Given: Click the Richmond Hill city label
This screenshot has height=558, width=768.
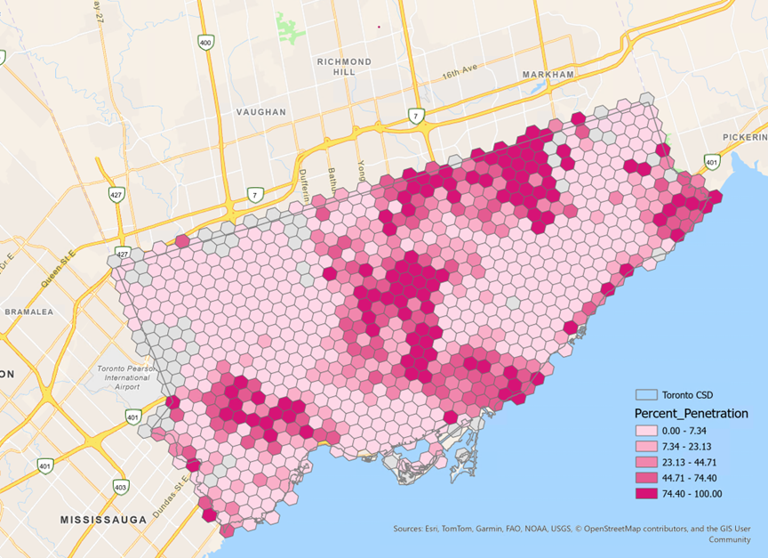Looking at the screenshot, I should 344,68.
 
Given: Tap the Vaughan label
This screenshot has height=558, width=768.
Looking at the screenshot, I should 261,112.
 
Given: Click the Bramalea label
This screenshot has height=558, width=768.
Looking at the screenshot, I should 29,312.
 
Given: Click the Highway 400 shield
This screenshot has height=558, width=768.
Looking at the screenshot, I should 206,42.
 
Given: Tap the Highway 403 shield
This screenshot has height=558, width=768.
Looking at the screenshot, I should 120,487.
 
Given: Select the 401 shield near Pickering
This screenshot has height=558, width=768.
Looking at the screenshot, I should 711,162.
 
